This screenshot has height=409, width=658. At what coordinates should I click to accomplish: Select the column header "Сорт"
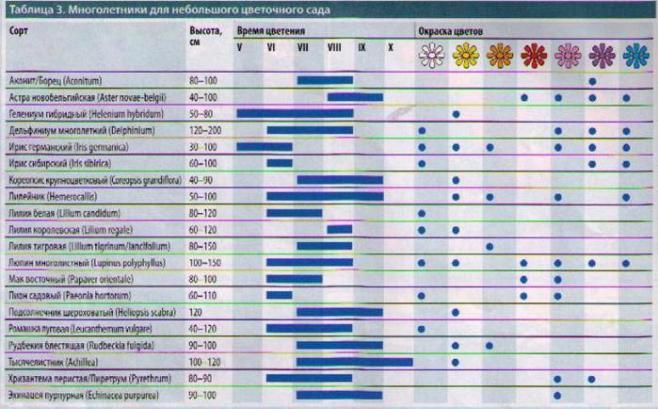(18, 30)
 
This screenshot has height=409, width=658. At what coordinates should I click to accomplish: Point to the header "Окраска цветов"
(451, 31)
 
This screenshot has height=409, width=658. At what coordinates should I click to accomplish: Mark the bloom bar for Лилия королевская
(339, 229)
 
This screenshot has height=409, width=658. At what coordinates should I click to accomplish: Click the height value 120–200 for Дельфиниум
(206, 130)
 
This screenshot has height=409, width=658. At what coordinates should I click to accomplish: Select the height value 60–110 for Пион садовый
(203, 295)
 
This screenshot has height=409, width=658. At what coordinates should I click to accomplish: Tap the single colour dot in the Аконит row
(592, 80)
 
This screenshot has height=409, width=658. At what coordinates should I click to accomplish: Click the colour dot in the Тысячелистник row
(456, 361)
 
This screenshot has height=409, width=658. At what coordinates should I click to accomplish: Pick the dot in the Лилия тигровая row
(489, 246)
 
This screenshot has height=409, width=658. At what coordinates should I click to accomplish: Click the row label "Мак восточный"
(56, 278)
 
